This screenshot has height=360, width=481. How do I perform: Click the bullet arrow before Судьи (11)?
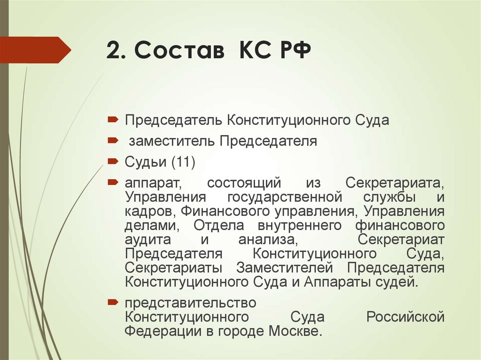114,161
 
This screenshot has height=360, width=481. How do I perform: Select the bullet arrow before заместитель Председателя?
114,140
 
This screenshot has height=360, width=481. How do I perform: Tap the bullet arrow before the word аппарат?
114,182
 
